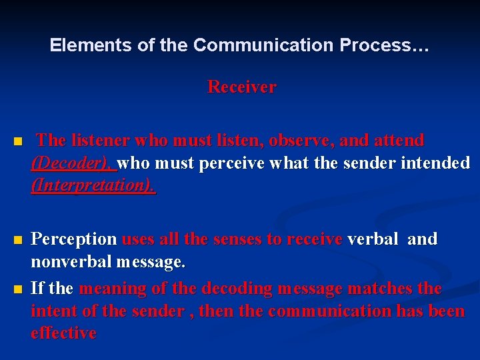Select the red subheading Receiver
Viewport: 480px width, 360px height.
click(241, 87)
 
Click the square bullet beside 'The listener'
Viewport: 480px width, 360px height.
click(18, 142)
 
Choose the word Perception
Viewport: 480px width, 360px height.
click(74, 239)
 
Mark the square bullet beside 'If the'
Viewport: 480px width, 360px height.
click(18, 289)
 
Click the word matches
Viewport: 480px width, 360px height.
click(381, 289)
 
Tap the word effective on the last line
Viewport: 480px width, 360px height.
click(63, 333)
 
